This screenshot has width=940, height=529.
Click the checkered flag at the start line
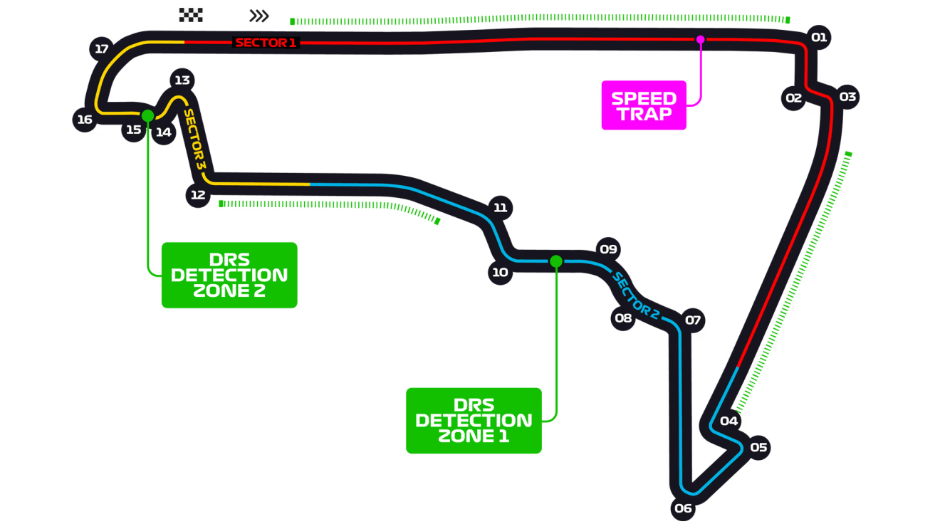[x=191, y=15]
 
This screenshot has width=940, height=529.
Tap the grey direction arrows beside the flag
[x=259, y=16]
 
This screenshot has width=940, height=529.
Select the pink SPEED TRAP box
[x=644, y=105]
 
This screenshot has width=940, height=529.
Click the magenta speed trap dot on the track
[x=700, y=40]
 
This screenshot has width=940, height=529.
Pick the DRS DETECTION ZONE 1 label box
[x=474, y=420]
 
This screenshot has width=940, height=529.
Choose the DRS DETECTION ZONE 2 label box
[x=229, y=275]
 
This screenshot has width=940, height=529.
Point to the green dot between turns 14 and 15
[x=147, y=115]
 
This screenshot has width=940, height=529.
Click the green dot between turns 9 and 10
[x=556, y=261]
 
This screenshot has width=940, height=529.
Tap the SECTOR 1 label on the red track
[x=266, y=43]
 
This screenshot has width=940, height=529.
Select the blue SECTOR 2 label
[x=636, y=294]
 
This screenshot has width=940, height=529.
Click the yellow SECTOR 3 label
[x=194, y=139]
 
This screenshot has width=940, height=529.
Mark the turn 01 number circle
[x=819, y=37]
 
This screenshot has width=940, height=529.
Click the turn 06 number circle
[x=683, y=508]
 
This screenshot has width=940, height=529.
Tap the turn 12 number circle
[x=197, y=195]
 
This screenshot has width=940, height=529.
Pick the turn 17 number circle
[x=102, y=49]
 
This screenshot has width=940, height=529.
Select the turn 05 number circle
[x=758, y=447]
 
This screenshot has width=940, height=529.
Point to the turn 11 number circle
[x=501, y=208]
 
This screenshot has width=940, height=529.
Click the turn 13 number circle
[x=182, y=80]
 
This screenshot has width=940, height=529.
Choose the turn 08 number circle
[x=623, y=318]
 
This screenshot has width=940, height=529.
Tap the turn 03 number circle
[x=847, y=96]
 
